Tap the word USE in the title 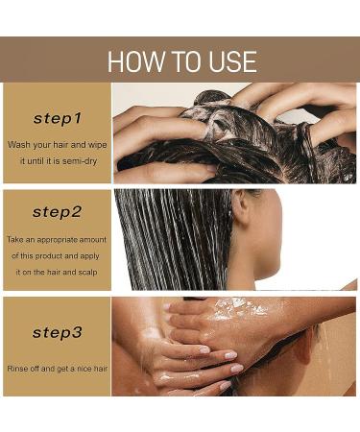tap(233, 61)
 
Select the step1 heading tap(58, 118)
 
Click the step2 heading tap(58, 212)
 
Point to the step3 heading tap(58, 332)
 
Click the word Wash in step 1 tap(18, 145)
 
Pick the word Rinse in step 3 tap(16, 369)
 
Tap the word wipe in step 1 tap(97, 145)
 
